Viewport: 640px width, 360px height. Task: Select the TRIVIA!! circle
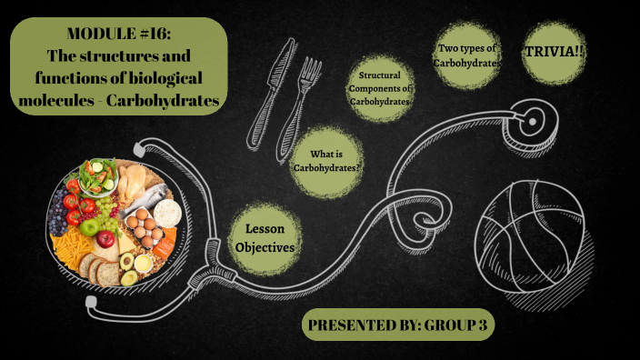click(554, 53)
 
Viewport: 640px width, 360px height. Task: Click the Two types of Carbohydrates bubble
click(468, 55)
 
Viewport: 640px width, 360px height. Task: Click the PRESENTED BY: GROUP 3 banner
click(399, 325)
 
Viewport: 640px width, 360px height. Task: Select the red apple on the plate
click(105, 239)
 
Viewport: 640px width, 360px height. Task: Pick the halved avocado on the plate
click(128, 275)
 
